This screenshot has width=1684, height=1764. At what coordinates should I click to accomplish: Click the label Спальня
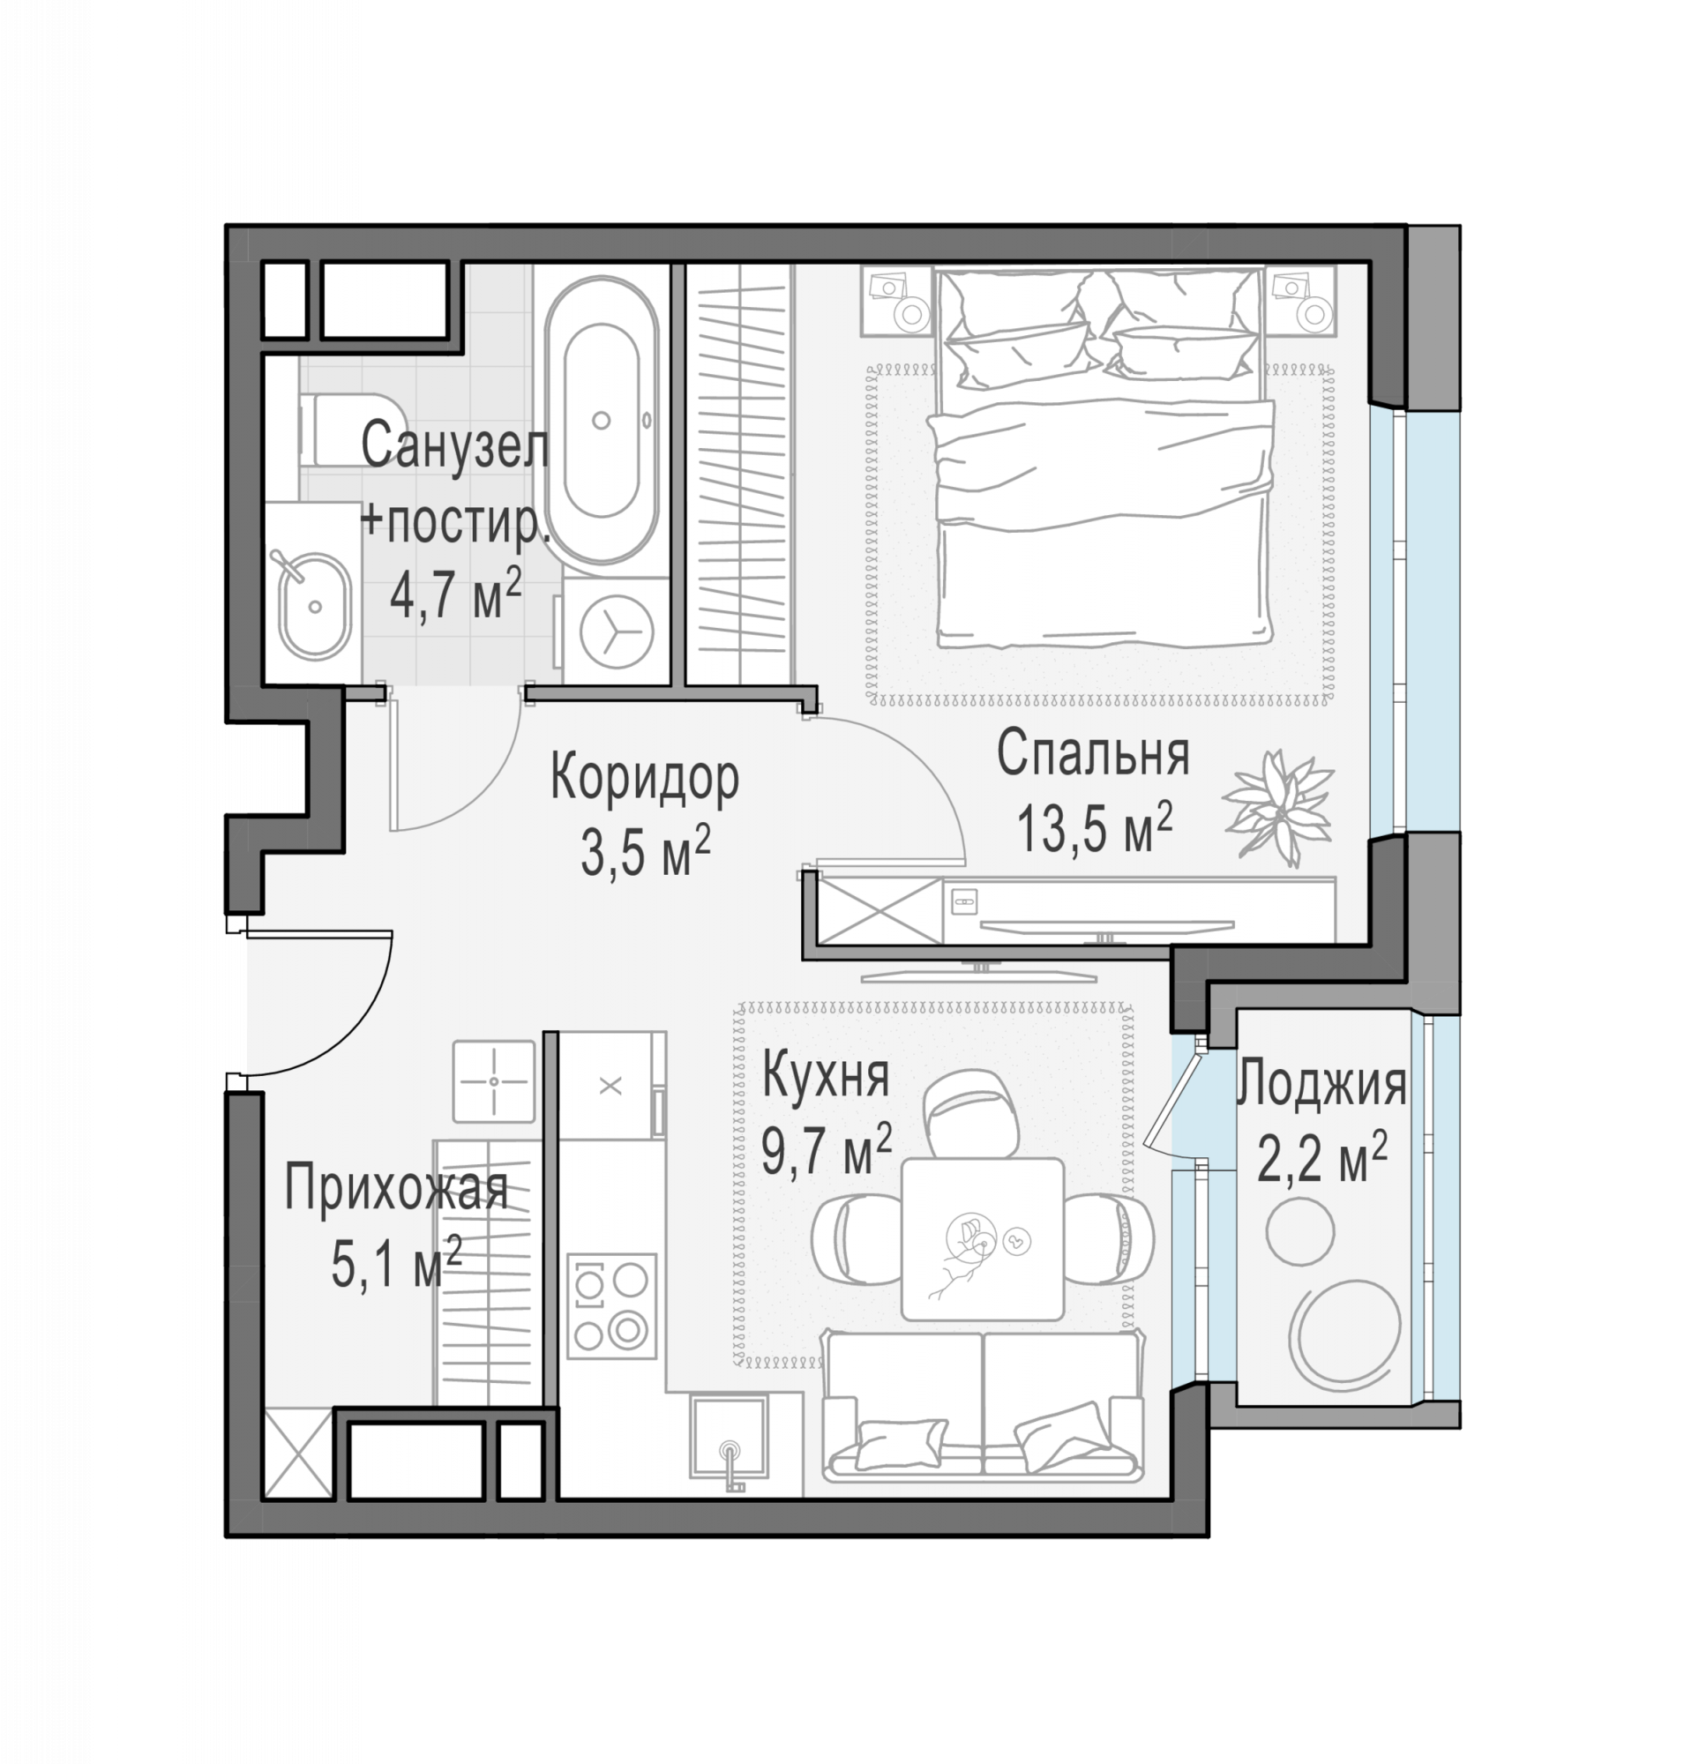click(1093, 755)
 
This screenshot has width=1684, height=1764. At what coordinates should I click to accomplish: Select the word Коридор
click(645, 778)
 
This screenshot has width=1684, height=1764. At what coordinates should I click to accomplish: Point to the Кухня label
click(825, 1076)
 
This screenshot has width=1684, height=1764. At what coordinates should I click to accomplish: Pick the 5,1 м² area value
click(396, 1264)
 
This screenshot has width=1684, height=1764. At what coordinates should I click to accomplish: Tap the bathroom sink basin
click(314, 606)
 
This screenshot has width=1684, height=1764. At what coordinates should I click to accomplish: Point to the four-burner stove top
click(611, 1305)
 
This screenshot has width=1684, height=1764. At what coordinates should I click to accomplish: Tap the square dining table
click(982, 1240)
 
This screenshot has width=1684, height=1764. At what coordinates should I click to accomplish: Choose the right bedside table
click(1300, 302)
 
